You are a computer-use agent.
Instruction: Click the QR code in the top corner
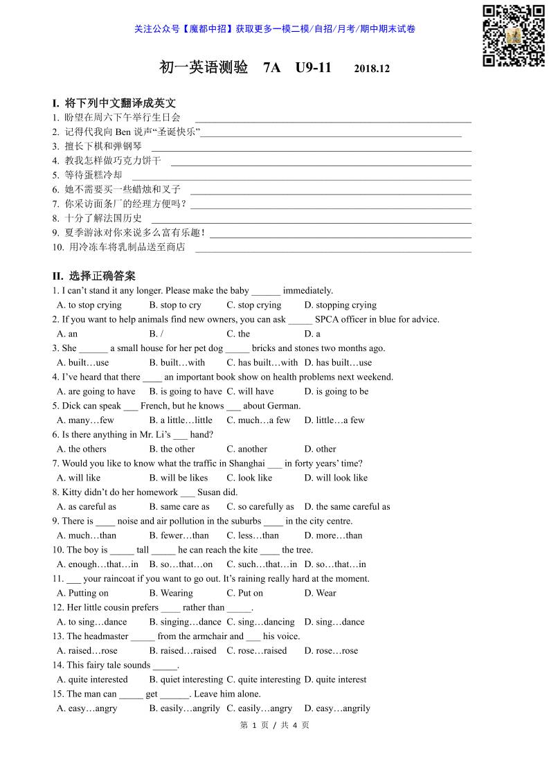click(x=514, y=35)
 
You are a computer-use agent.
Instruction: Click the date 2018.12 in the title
click(x=372, y=69)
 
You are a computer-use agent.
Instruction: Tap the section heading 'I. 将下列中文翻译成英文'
click(x=114, y=103)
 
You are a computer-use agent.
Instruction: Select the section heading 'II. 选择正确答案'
click(x=94, y=276)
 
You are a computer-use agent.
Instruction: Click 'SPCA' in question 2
click(x=328, y=319)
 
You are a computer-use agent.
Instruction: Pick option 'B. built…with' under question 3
click(x=177, y=362)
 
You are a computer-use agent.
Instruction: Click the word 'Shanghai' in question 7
click(x=248, y=463)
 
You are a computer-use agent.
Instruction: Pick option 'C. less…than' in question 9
click(x=253, y=535)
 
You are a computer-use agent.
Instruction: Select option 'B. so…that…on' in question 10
click(x=181, y=564)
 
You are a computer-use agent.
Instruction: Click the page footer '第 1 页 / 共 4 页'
click(x=274, y=725)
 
